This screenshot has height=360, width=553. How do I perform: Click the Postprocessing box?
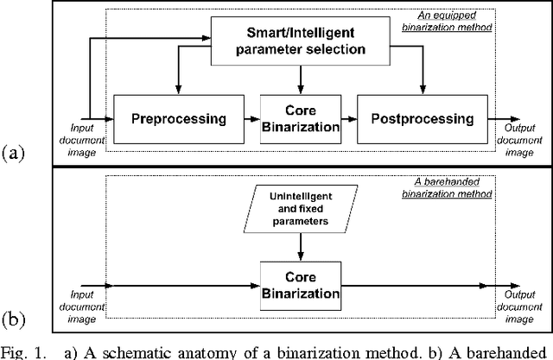pyautogui.click(x=423, y=117)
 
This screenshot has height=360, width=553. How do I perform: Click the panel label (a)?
pyautogui.click(x=13, y=155)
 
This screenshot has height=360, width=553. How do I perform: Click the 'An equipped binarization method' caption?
pyautogui.click(x=454, y=21)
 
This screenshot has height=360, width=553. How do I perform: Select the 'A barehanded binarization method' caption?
pyautogui.click(x=454, y=188)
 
